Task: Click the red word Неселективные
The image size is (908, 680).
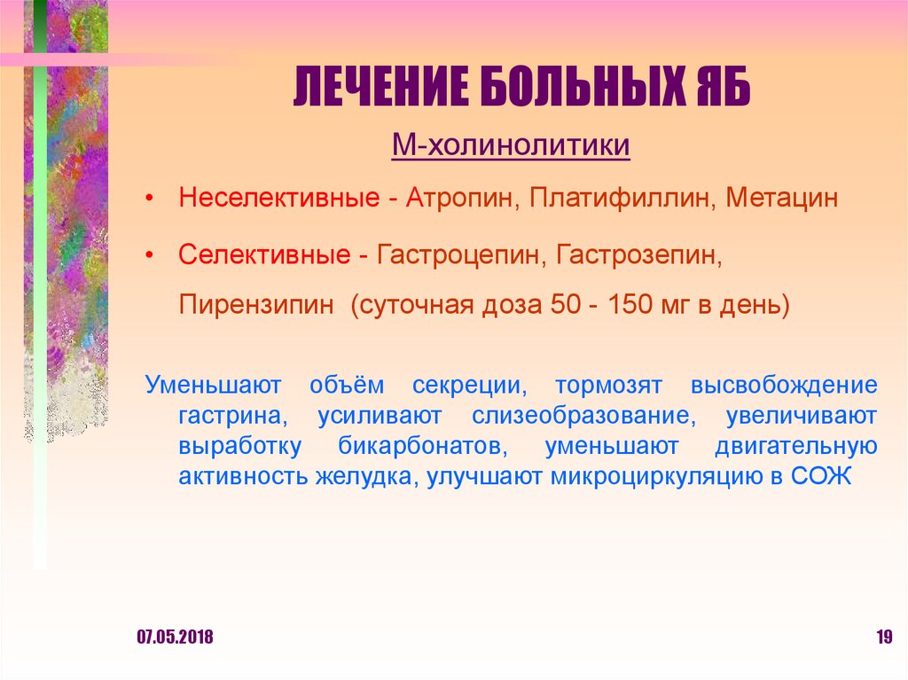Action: pyautogui.click(x=279, y=198)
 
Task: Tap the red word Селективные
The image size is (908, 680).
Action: pyautogui.click(x=263, y=255)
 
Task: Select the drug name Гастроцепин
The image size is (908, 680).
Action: pyautogui.click(x=461, y=255)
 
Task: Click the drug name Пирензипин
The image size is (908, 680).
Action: pyautogui.click(x=257, y=306)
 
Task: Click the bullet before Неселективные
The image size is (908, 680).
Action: pyautogui.click(x=153, y=198)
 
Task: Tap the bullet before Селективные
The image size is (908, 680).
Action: pyautogui.click(x=153, y=255)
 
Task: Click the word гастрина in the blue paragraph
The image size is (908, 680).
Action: pyautogui.click(x=230, y=416)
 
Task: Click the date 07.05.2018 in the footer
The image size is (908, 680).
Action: pyautogui.click(x=175, y=637)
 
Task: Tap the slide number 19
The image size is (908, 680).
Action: pyautogui.click(x=883, y=637)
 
